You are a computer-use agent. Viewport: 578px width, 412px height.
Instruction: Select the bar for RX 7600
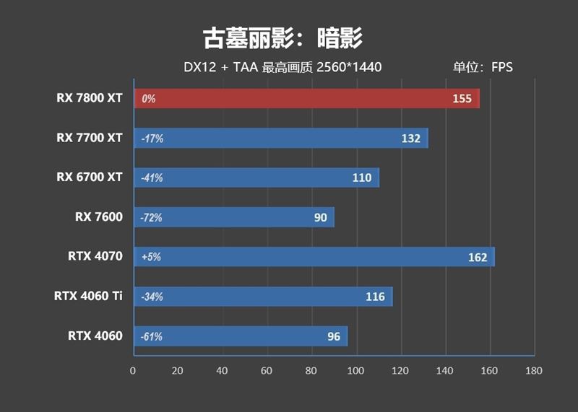coord(233,217)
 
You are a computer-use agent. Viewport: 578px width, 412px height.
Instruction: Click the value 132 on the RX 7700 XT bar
coord(410,139)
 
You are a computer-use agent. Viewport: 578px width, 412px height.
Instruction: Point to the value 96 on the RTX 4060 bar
coord(333,336)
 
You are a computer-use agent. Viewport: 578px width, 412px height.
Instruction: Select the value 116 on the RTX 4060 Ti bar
coord(375,297)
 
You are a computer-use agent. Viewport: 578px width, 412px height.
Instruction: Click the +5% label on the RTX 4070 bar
coord(152,257)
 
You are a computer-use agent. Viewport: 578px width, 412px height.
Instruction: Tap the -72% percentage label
coord(152,217)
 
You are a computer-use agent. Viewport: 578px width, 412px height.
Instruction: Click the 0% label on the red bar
coord(149,99)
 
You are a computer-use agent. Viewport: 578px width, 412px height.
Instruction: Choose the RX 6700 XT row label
coord(90,177)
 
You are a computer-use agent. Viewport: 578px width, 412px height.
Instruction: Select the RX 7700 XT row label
coord(90,137)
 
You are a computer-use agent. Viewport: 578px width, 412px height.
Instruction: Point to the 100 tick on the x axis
coord(356,371)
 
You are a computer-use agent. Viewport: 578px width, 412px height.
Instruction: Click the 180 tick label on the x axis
coord(534,371)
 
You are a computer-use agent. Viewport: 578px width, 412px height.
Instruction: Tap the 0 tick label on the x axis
coord(133,371)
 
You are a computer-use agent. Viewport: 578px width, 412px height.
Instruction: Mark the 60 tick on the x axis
coord(267,371)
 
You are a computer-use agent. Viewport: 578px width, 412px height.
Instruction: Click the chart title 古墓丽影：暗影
coord(282,38)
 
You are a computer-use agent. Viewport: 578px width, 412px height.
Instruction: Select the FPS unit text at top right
coord(501,67)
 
